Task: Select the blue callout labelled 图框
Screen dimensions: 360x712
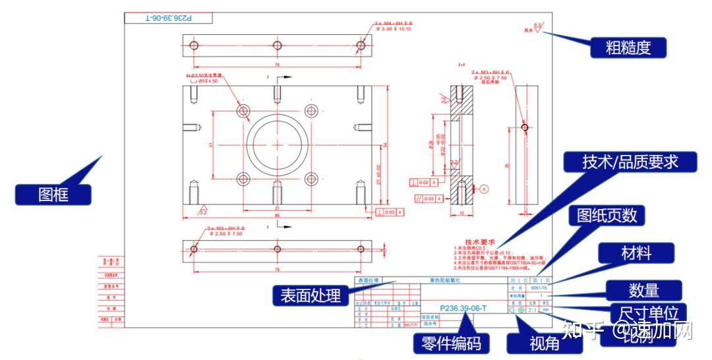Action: click(53, 194)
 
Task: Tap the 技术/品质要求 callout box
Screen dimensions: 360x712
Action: click(630, 162)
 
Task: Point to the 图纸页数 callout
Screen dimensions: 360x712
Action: click(610, 216)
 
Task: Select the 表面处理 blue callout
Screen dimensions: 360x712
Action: click(311, 295)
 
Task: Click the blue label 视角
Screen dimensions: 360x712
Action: click(544, 344)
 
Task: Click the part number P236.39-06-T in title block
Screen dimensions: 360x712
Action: click(463, 308)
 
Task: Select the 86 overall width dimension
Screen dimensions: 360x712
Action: click(277, 216)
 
